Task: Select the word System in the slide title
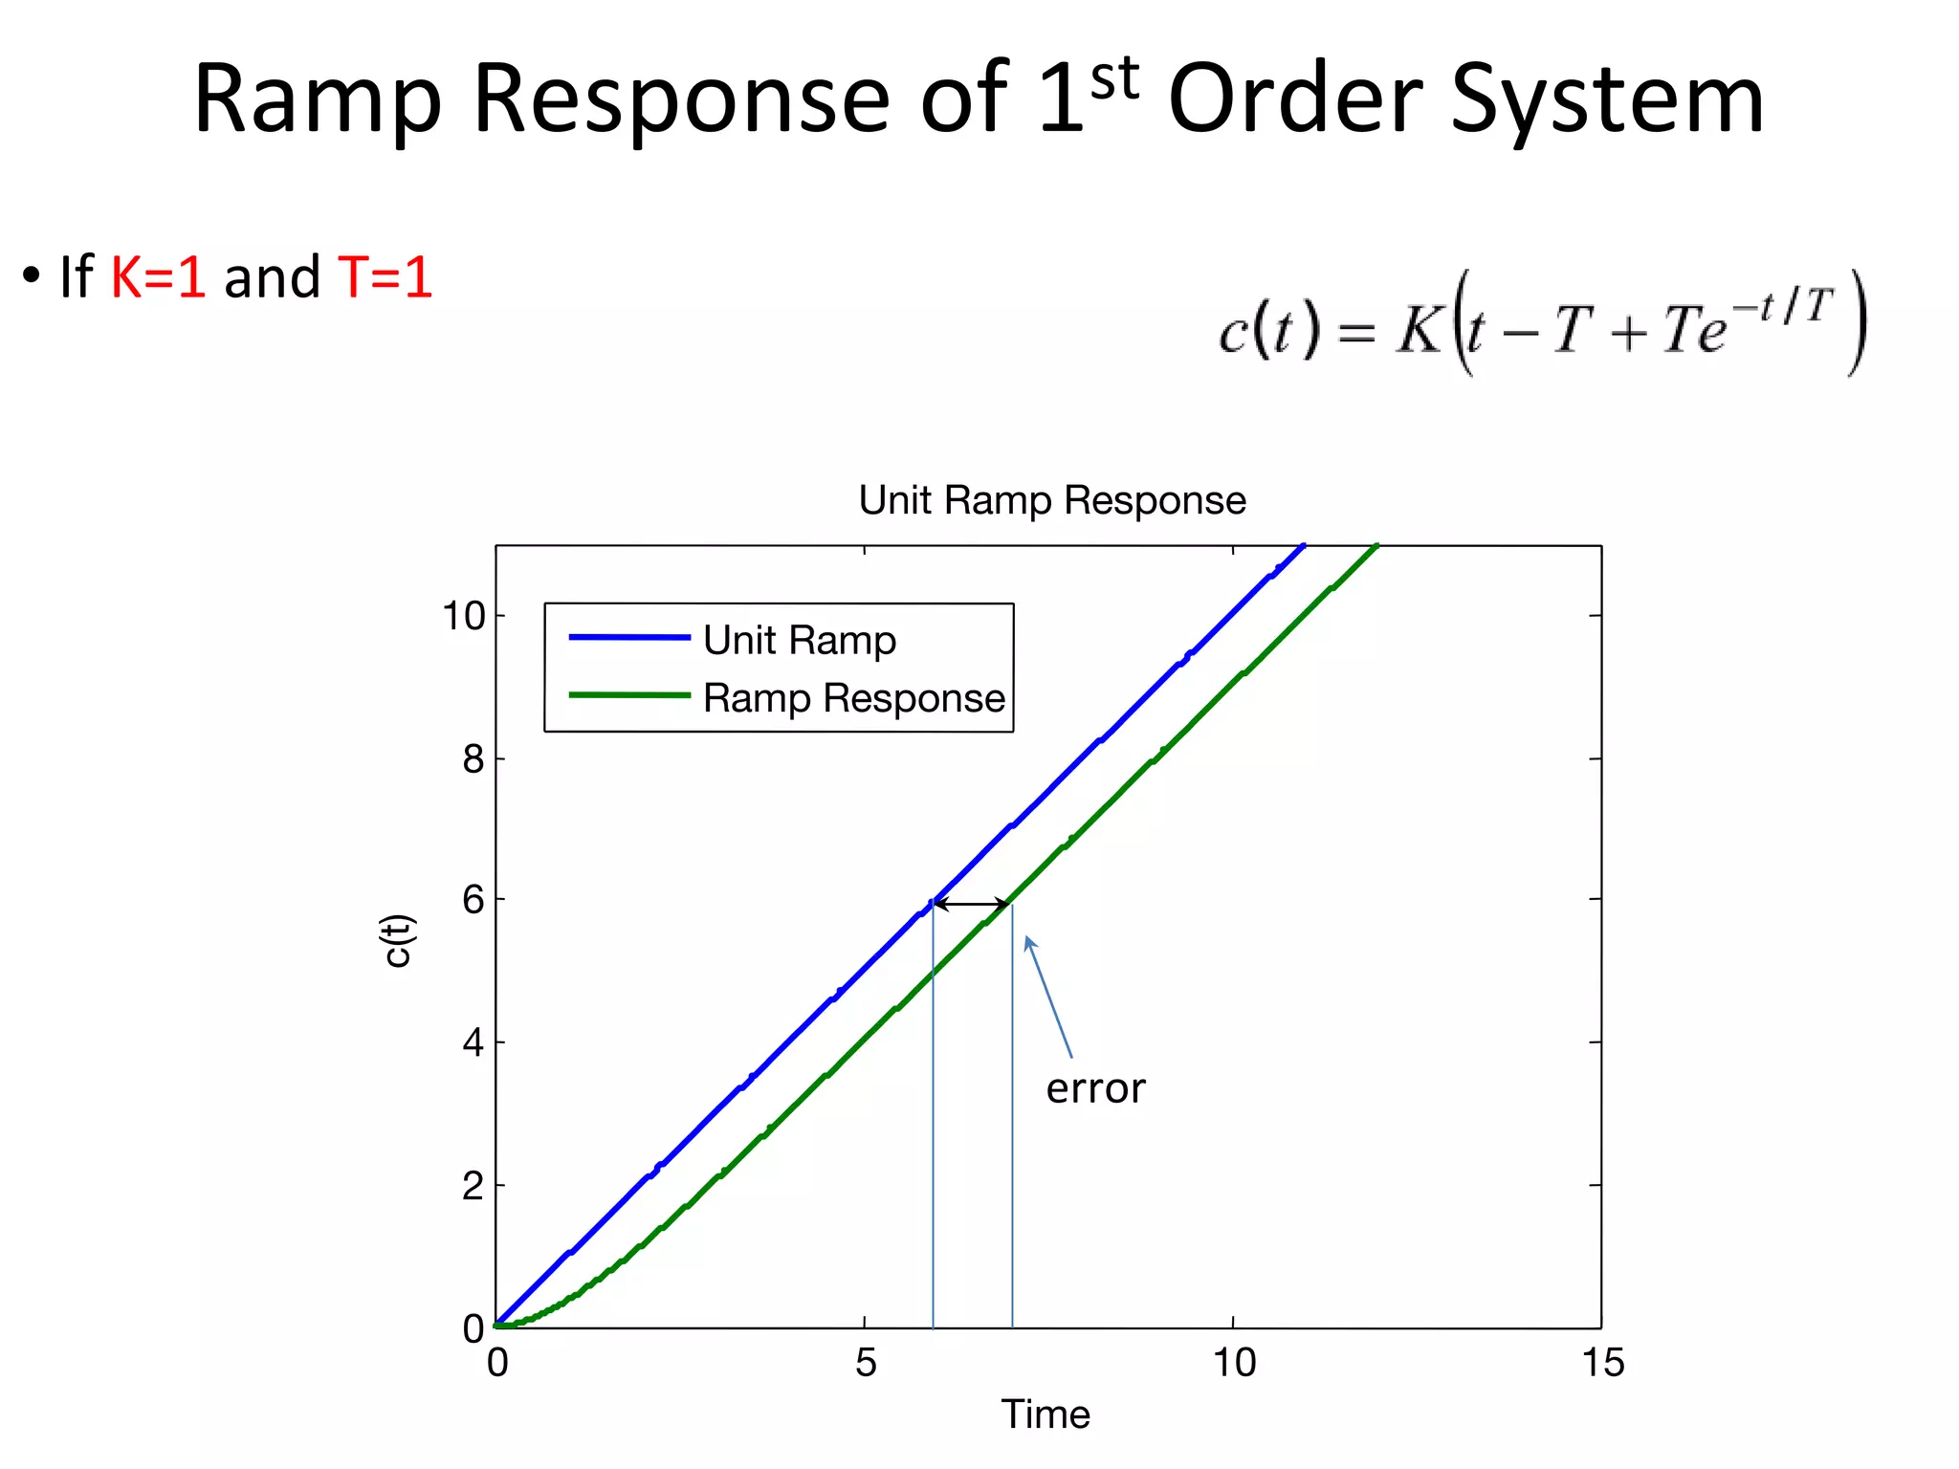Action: tap(1607, 100)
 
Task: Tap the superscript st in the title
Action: tap(1114, 78)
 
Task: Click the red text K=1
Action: tap(158, 277)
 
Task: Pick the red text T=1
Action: tap(385, 277)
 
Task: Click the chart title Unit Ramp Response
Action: tap(1052, 500)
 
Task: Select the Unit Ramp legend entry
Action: tap(800, 640)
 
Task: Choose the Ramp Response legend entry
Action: tap(854, 698)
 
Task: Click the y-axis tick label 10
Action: tap(464, 616)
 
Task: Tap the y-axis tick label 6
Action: tap(473, 900)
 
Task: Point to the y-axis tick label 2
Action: tap(473, 1186)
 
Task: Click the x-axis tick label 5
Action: tap(866, 1363)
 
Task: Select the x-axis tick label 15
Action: tap(1603, 1363)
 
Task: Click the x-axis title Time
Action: tap(1046, 1414)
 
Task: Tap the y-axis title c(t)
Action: tap(397, 941)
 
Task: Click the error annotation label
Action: tap(1095, 1088)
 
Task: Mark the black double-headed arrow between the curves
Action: tap(971, 904)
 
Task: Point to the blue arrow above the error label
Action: tap(1048, 997)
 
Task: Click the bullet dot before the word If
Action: tap(33, 276)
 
